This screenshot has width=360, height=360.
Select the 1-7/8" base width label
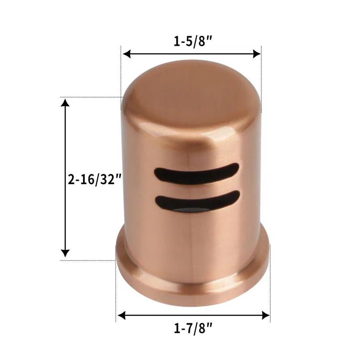click(x=193, y=329)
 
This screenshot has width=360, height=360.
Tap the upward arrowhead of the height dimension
click(x=65, y=104)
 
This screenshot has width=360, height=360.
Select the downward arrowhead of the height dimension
click(x=65, y=253)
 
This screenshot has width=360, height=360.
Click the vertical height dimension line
click(x=65, y=143)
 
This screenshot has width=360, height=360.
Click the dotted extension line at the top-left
click(x=122, y=72)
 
